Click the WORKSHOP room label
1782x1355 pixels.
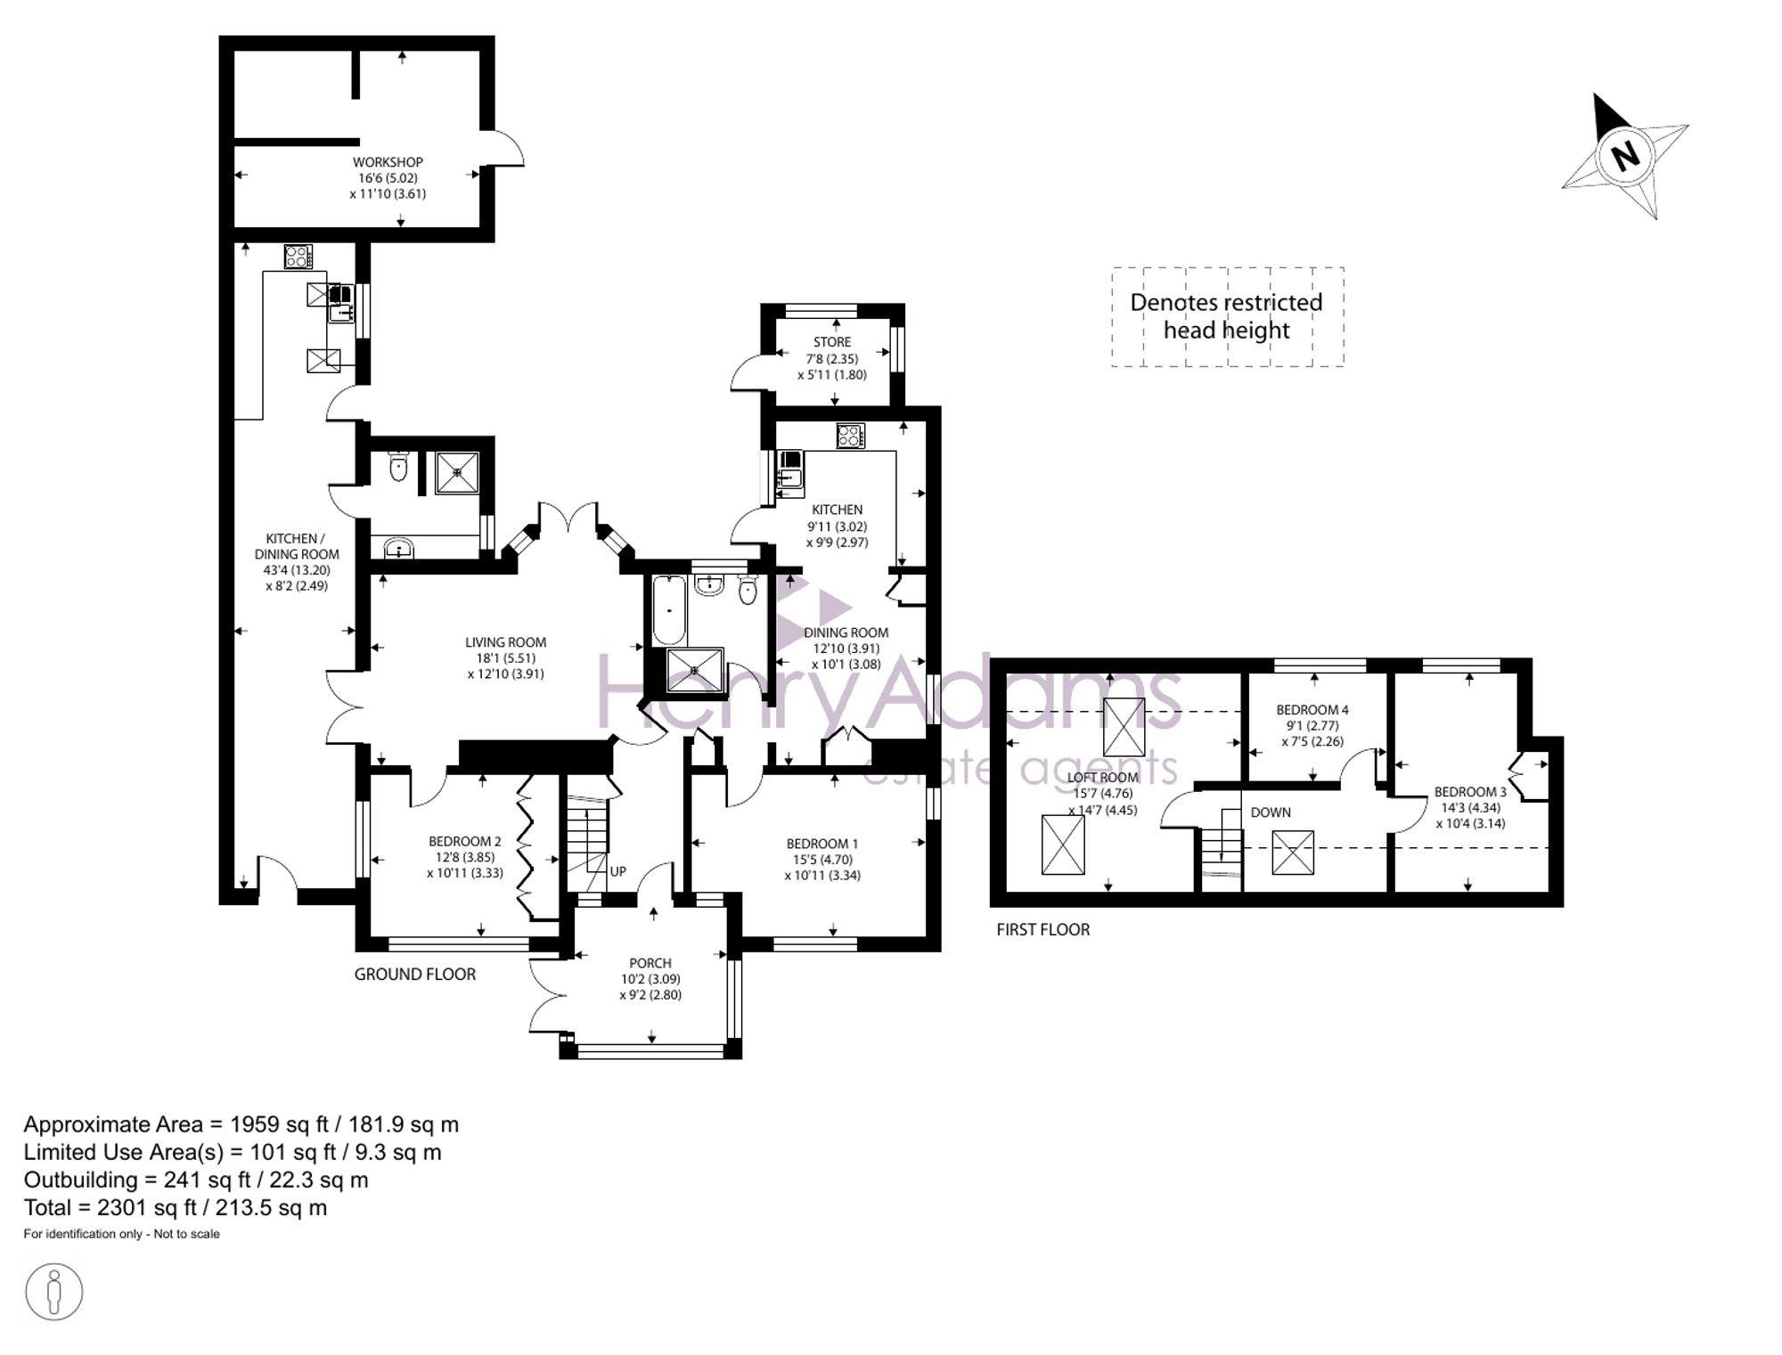388,162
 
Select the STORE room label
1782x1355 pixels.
832,342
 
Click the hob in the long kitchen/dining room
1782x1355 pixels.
298,257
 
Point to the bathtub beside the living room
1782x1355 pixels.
669,610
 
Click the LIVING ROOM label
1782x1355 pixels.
505,642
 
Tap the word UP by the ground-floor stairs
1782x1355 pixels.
618,871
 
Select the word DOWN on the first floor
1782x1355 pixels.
1271,812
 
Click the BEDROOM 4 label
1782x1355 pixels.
1312,710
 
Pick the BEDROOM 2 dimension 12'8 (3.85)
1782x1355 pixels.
465,857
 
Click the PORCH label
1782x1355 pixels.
650,963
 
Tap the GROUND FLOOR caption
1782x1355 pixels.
415,974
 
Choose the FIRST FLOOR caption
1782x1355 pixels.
1043,929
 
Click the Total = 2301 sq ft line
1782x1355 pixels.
176,1208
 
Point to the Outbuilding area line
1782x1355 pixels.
196,1180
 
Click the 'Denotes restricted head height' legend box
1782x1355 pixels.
1227,317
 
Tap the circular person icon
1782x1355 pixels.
53,1291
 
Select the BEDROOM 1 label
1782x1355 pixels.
822,844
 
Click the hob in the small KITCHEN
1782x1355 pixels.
851,436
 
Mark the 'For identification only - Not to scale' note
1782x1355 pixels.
121,1234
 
